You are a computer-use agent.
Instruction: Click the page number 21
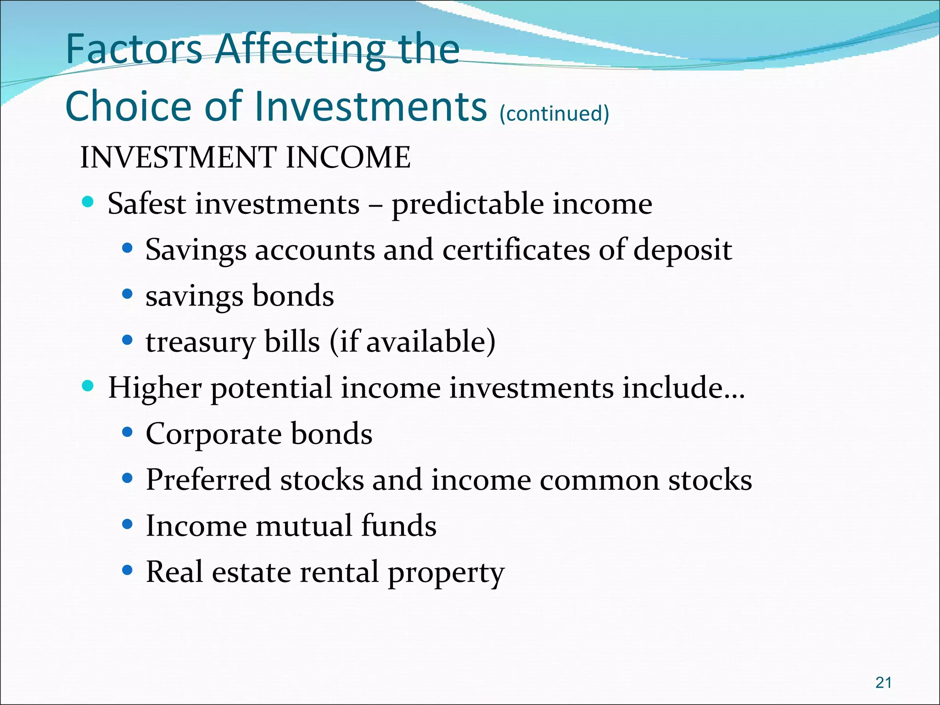pos(883,683)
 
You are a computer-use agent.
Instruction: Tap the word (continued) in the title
pos(554,113)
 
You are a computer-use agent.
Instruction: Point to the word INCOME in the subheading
pos(348,157)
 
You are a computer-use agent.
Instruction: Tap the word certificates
pos(516,250)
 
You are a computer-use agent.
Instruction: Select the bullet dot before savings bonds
pos(128,294)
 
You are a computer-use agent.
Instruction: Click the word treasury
pos(200,342)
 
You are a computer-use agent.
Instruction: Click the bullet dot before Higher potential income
pos(87,386)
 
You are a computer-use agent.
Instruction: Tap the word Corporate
pos(213,434)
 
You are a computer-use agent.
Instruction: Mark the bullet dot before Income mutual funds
pos(128,524)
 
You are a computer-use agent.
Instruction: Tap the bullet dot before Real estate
pos(128,570)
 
